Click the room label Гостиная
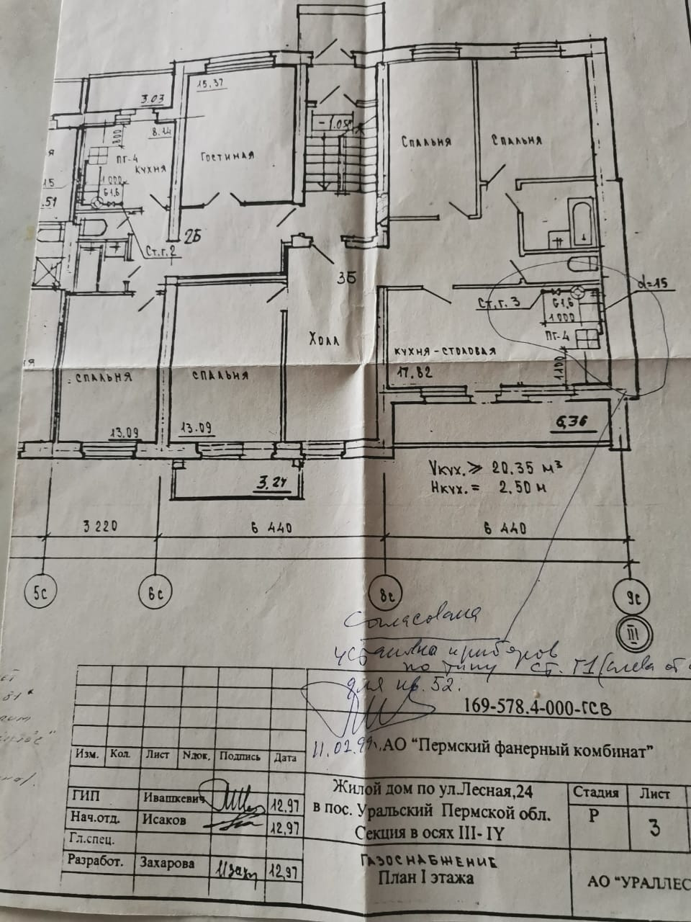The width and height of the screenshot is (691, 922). click(228, 156)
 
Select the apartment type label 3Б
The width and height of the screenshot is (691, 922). click(348, 277)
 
